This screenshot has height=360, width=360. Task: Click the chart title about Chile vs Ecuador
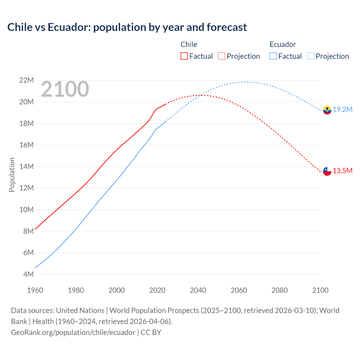127,27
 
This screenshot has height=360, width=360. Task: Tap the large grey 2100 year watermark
65,89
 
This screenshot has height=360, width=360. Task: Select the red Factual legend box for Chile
184,56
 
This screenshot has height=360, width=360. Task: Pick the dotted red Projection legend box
222,56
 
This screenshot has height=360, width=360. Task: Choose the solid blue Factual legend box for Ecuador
273,56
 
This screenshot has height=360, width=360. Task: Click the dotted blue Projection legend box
310,56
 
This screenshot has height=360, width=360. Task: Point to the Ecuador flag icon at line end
327,110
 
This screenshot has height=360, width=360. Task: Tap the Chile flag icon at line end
327,171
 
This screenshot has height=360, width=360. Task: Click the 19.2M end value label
343,110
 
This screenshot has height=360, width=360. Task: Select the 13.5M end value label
343,171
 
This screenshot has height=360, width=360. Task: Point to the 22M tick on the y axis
26,80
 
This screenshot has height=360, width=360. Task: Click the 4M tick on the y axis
28,274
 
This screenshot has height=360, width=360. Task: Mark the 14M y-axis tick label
26,166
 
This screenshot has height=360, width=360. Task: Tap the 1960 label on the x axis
35,290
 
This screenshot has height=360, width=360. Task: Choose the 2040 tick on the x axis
198,290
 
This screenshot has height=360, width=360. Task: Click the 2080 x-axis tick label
280,290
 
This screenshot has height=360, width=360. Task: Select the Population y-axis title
12,175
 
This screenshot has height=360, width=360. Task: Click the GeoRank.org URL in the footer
73,332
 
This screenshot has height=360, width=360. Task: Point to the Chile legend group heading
189,44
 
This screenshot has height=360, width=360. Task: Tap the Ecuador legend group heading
283,44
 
